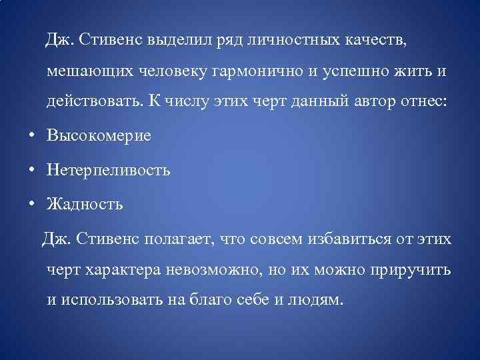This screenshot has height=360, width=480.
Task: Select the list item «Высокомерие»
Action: coord(99,135)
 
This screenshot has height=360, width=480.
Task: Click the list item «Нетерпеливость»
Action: coord(108,170)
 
